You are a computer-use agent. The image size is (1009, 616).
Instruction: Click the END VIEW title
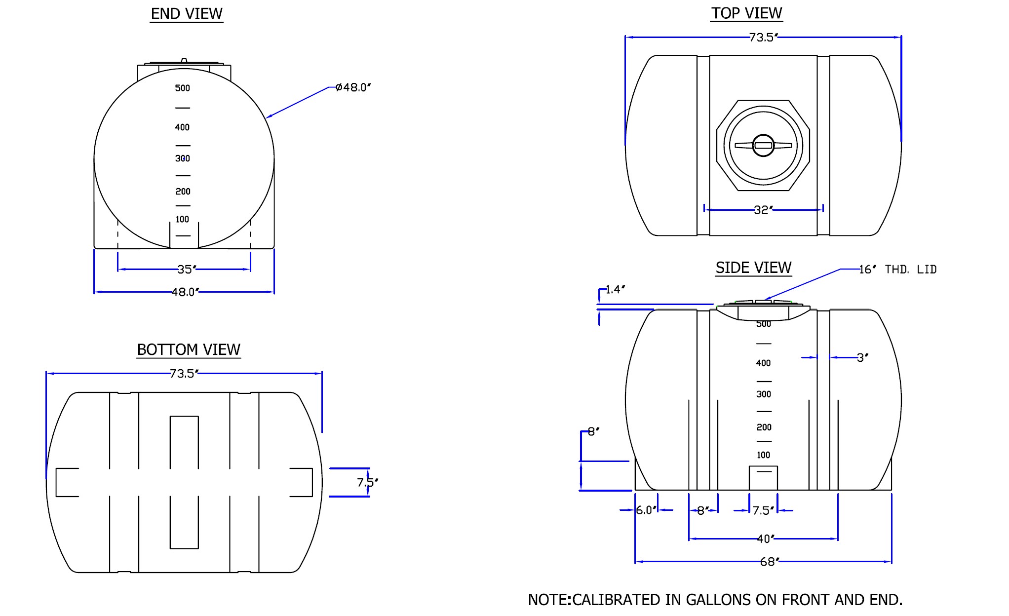[187, 14]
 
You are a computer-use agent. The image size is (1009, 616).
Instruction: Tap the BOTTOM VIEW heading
[189, 349]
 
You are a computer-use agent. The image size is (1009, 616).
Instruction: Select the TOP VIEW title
[746, 13]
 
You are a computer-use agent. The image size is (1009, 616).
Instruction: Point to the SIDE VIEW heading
[753, 268]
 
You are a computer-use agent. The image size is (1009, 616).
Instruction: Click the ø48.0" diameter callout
[353, 87]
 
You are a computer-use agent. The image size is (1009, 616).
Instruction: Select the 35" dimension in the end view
[187, 269]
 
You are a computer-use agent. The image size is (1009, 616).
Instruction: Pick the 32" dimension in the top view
[763, 210]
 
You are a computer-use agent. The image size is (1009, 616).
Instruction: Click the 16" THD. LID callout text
[898, 269]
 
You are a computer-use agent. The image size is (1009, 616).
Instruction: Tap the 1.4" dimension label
[615, 289]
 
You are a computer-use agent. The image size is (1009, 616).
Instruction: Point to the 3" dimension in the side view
[862, 357]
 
